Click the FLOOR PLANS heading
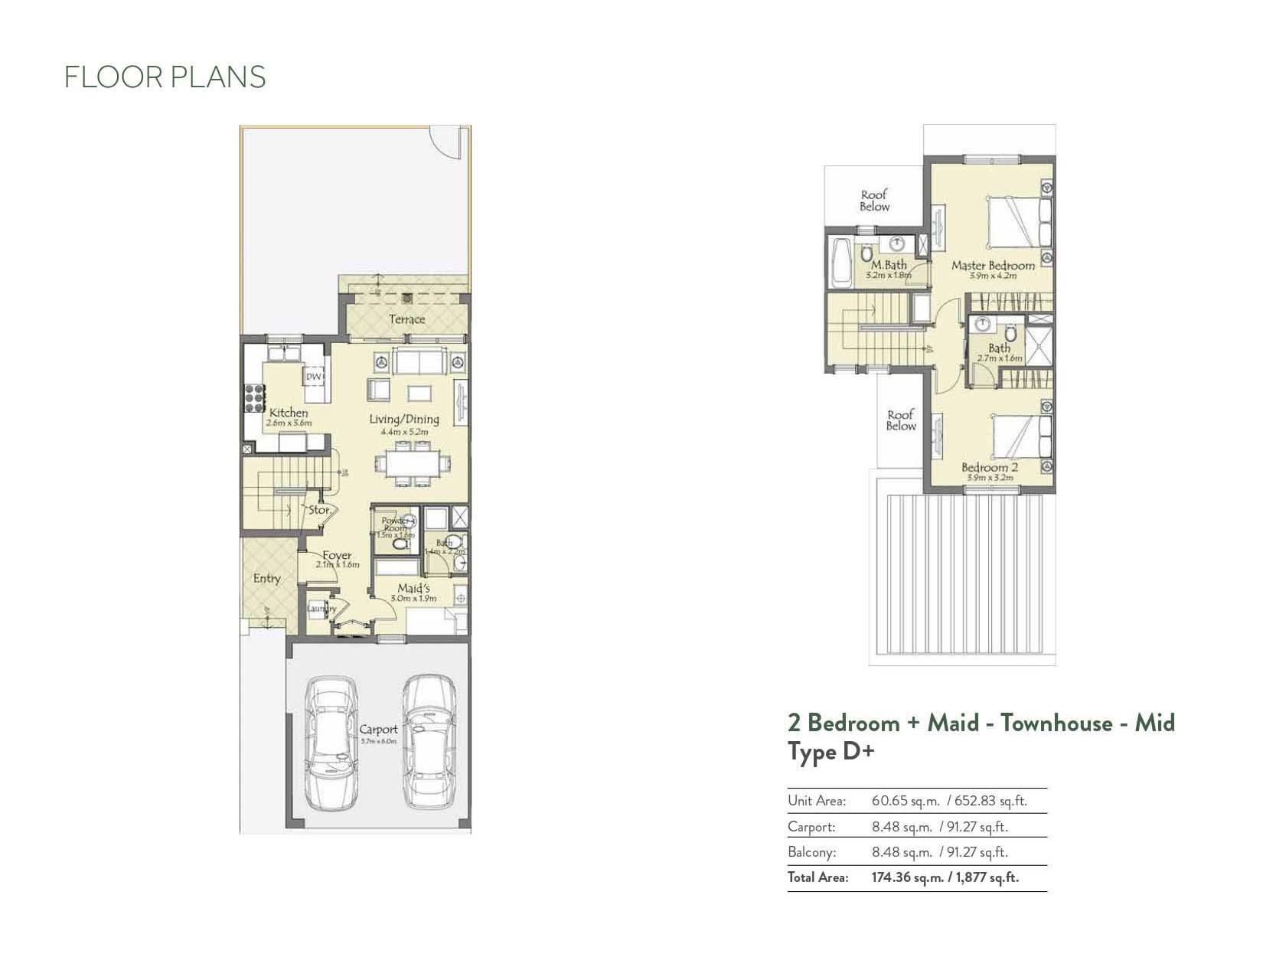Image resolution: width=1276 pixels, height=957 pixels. click(165, 77)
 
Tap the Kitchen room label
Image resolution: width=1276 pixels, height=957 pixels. click(289, 413)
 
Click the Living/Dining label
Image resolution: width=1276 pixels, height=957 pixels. click(404, 420)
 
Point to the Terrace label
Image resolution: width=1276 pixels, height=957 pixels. click(406, 319)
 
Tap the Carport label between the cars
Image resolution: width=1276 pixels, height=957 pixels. click(378, 730)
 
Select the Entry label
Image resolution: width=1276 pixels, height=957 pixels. click(266, 579)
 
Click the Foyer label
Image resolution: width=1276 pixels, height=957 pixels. click(337, 556)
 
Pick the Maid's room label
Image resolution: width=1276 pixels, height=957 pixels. click(413, 589)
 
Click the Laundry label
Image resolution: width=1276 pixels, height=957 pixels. click(321, 609)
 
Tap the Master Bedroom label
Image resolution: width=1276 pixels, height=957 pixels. click(993, 266)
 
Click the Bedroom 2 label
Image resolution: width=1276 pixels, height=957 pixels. click(990, 468)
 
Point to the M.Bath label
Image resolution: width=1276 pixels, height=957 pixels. click(889, 265)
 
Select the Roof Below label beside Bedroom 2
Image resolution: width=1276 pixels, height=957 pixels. click(901, 420)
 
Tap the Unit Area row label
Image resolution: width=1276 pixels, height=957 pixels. click(817, 802)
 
